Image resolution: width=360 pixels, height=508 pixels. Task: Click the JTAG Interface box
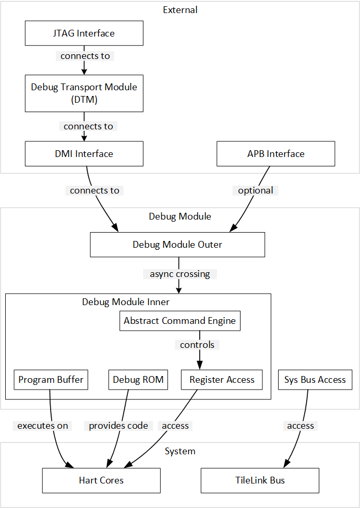click(84, 33)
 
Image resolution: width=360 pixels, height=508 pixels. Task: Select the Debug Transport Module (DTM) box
click(84, 93)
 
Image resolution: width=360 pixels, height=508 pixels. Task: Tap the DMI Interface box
click(84, 154)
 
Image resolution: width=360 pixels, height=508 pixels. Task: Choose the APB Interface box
click(275, 154)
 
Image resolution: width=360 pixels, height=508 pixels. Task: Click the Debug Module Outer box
click(177, 245)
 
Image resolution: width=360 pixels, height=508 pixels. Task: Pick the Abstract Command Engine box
click(179, 321)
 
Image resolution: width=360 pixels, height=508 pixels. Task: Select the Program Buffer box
click(51, 380)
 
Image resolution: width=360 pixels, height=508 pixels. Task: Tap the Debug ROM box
click(138, 380)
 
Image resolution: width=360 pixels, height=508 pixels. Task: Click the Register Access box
click(222, 380)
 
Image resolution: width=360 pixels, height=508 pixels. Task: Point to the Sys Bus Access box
click(315, 380)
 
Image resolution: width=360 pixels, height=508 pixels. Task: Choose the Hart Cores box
click(101, 480)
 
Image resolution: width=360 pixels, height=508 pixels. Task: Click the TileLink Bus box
click(260, 480)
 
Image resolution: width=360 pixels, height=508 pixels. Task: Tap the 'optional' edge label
click(255, 190)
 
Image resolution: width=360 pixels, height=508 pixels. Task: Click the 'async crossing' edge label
click(179, 274)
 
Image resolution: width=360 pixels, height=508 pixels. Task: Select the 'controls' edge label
click(197, 345)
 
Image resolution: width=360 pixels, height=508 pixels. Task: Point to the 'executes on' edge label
click(43, 426)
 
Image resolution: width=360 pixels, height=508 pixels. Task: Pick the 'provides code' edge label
click(118, 426)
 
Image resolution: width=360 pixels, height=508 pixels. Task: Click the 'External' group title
click(180, 10)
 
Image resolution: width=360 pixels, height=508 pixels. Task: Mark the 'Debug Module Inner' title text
click(126, 302)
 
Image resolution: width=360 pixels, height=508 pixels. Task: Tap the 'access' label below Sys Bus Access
click(301, 426)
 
